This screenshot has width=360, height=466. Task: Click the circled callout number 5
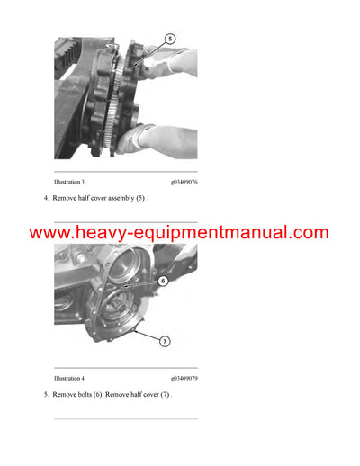click(170, 39)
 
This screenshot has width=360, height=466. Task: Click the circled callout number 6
click(163, 281)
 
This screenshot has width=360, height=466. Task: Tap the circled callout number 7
click(165, 342)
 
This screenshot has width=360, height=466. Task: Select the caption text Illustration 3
click(72, 181)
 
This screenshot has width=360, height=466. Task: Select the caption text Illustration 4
click(72, 378)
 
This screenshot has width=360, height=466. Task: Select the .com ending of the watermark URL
click(310, 233)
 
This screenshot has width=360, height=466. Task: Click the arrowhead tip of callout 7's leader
click(132, 330)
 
